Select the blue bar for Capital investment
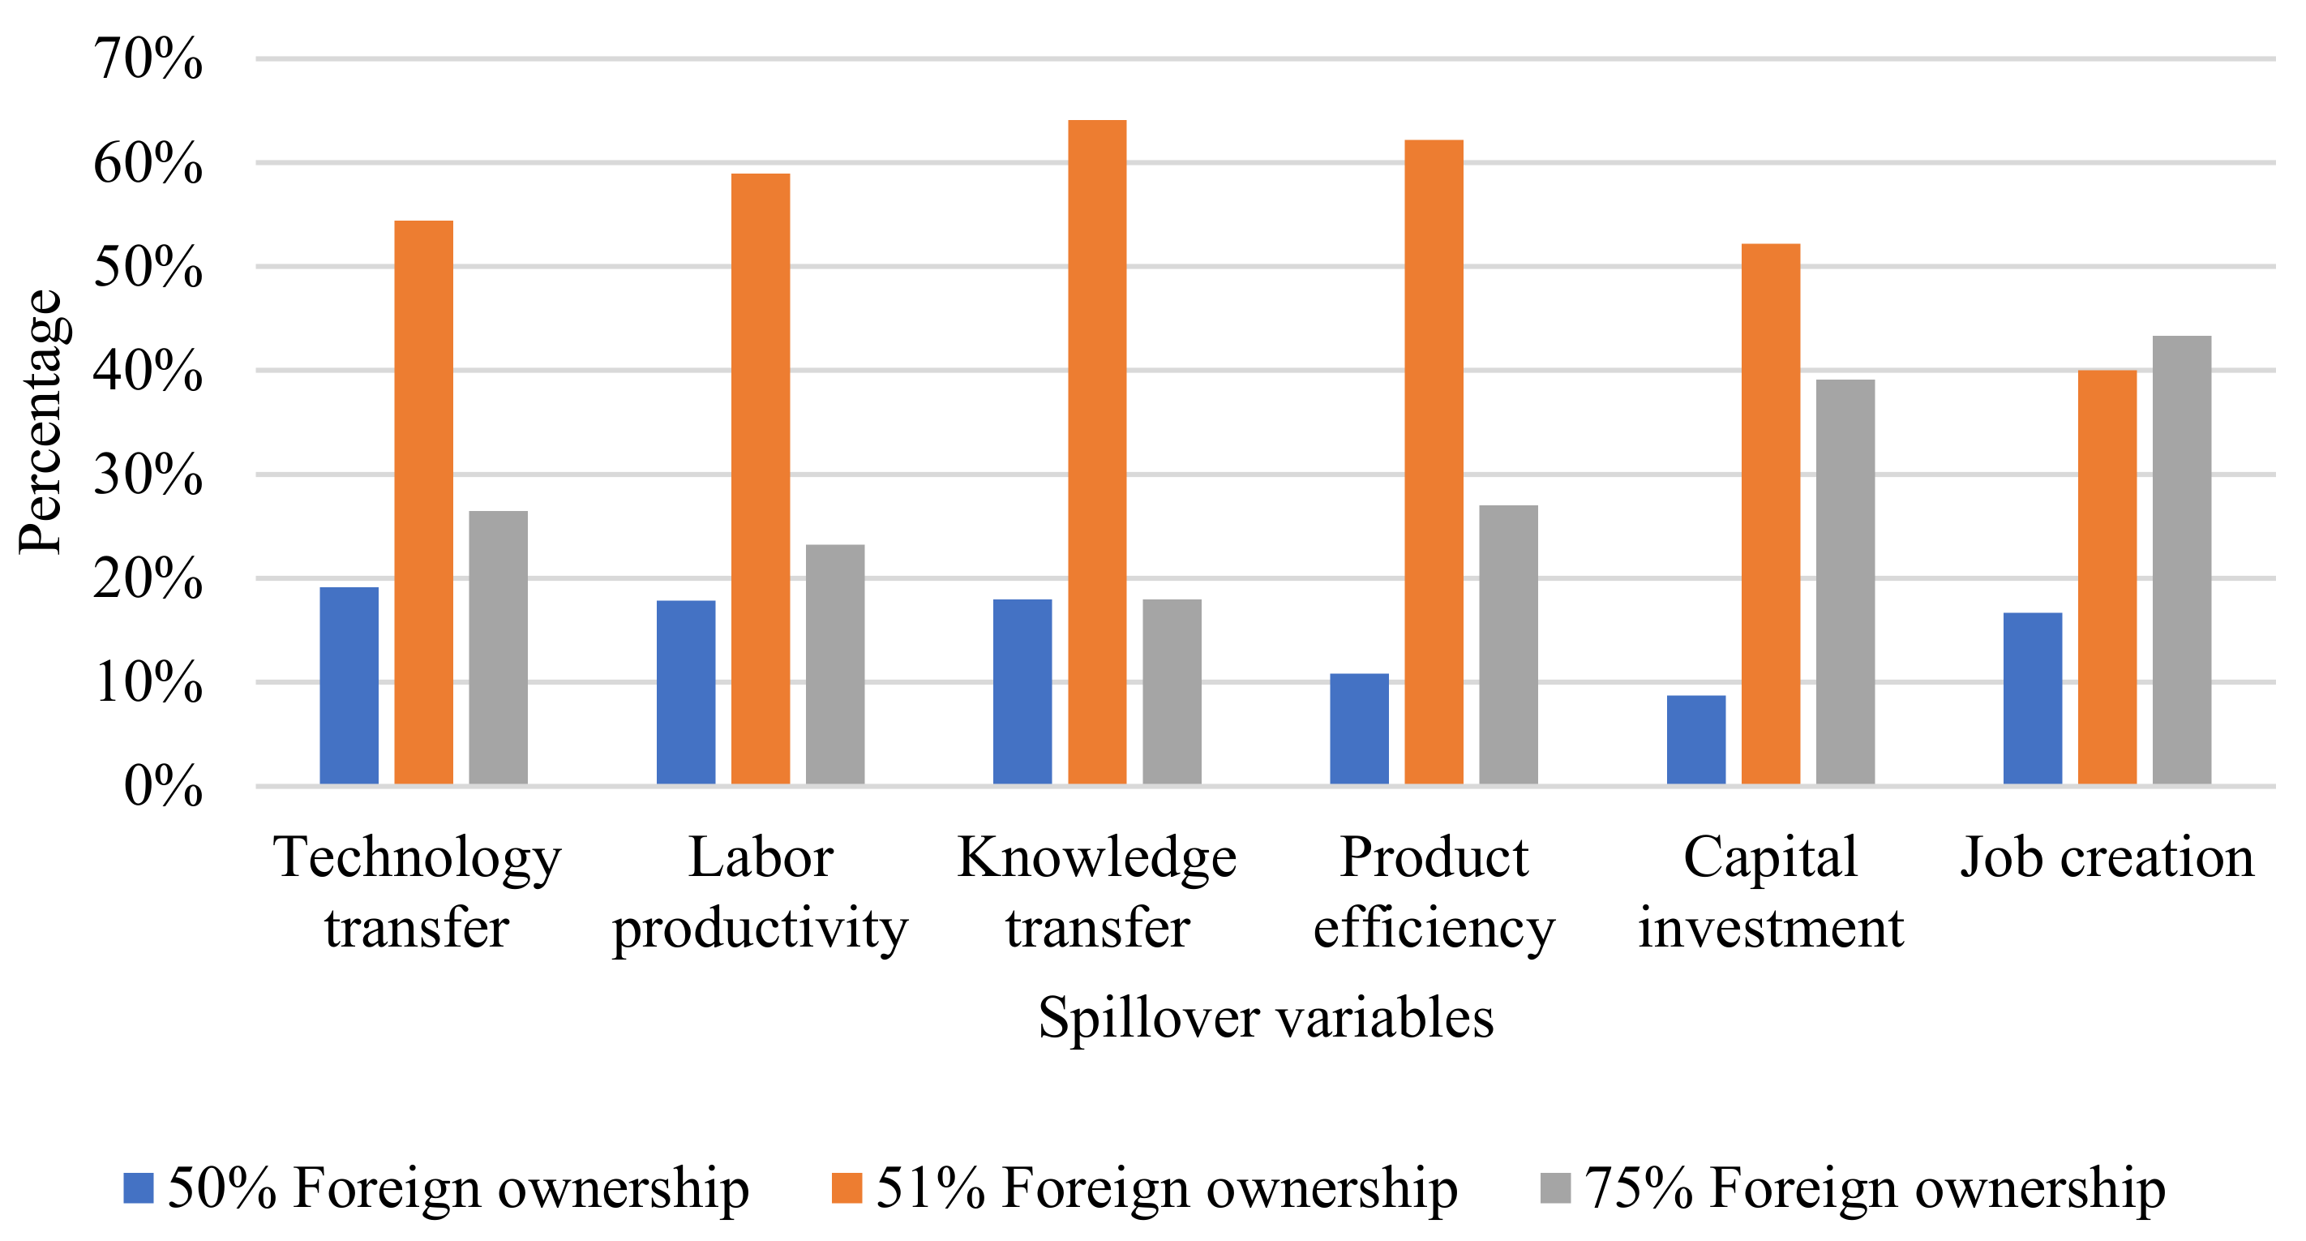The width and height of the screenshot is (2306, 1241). tap(1695, 740)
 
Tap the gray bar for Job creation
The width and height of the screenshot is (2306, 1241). tap(2182, 560)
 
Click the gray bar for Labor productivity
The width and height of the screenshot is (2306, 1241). tap(834, 664)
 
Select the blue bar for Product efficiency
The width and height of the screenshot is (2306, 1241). tap(1359, 729)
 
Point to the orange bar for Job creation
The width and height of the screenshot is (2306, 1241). tap(2107, 578)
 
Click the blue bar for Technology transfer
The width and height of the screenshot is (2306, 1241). tap(349, 686)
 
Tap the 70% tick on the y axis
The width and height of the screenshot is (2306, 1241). tap(148, 60)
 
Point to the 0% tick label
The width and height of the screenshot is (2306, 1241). tap(163, 787)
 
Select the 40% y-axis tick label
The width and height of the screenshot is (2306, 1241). tap(148, 371)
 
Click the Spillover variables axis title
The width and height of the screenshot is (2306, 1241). tap(1265, 1018)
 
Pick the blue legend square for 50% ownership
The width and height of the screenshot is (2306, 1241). tap(139, 1188)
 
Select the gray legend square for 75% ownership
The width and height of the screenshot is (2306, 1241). tap(1555, 1188)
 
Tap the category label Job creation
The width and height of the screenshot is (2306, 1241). tap(2107, 858)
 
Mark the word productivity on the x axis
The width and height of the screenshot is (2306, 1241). tap(760, 929)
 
